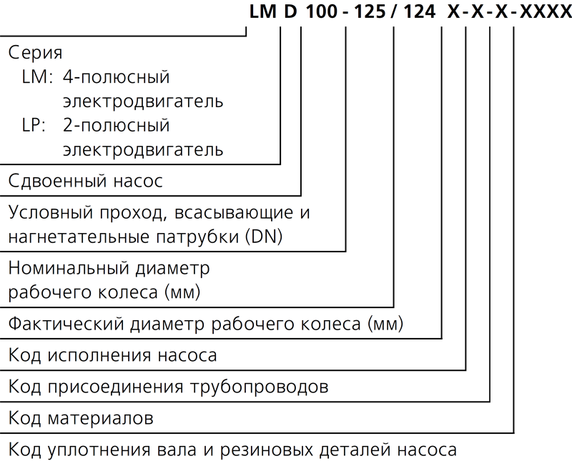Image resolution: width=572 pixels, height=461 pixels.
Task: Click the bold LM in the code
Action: click(262, 11)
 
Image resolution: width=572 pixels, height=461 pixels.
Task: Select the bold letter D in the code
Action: click(291, 11)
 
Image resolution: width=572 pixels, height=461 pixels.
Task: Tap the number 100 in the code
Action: click(321, 11)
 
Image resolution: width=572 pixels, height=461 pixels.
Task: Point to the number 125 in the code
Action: click(370, 11)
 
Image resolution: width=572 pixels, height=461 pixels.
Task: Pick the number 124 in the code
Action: click(420, 11)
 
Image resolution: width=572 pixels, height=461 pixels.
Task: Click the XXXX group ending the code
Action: click(546, 11)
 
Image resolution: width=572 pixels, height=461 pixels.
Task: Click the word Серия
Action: click(35, 53)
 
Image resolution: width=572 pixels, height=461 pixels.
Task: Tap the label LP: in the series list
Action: click(34, 125)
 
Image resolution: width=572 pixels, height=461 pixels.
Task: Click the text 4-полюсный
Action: click(117, 77)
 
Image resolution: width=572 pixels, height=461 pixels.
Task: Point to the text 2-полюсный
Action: click(117, 125)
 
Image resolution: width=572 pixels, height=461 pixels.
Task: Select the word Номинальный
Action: click(69, 269)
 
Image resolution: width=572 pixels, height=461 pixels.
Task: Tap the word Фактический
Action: click(66, 324)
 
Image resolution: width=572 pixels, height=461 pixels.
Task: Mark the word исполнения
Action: click(99, 355)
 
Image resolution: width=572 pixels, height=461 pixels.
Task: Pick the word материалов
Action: click(100, 418)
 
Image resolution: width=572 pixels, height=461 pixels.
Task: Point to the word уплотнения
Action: click(99, 450)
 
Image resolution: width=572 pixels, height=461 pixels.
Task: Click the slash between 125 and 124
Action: click(395, 11)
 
